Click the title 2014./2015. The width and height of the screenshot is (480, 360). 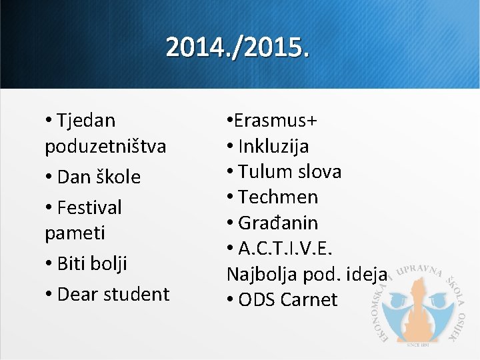tap(238, 48)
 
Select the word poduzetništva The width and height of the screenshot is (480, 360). tap(105, 147)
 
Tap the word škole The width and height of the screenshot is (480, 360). tap(119, 177)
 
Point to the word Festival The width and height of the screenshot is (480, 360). tap(90, 207)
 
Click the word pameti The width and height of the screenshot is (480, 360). tap(75, 233)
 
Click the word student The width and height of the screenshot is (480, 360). tap(136, 294)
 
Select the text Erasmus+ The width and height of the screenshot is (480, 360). tap(275, 121)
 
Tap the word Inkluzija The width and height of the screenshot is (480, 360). tap(273, 146)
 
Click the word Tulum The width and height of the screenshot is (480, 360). tap(262, 171)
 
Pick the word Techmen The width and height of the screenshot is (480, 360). tap(278, 197)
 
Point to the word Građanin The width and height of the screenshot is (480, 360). tap(278, 222)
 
